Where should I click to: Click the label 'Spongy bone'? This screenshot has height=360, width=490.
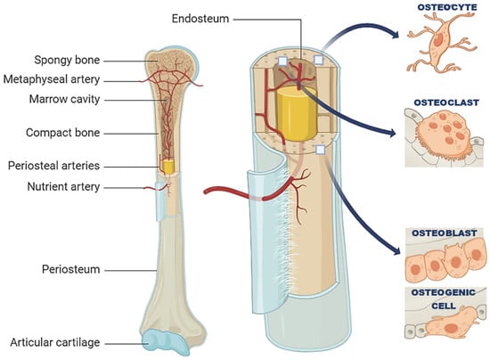point(68,60)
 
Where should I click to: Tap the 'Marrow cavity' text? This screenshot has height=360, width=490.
point(63,98)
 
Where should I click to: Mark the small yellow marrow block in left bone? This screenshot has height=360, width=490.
point(166,167)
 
